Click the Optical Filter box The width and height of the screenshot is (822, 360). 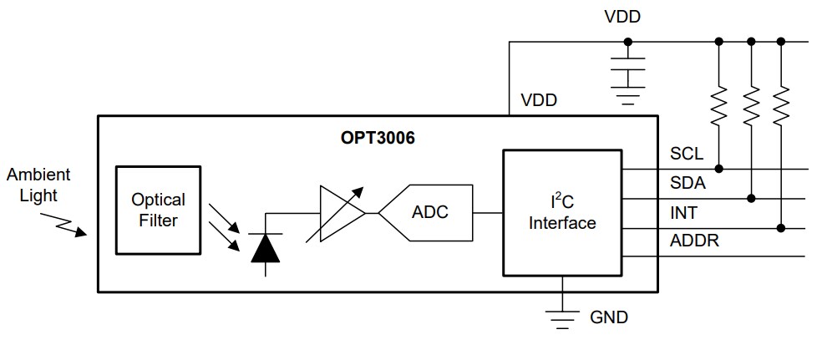158,210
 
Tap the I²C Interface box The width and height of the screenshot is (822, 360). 562,212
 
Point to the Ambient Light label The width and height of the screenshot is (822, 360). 39,185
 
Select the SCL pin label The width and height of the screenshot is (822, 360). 687,155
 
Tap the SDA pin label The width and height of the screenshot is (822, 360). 688,184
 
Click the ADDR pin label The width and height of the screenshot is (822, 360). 693,241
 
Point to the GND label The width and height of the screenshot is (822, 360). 609,317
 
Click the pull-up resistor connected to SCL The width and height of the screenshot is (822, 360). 718,105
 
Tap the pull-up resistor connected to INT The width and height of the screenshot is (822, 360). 781,105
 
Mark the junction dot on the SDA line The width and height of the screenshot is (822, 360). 751,198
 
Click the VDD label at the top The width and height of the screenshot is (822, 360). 622,16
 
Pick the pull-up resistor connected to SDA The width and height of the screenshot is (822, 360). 751,105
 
